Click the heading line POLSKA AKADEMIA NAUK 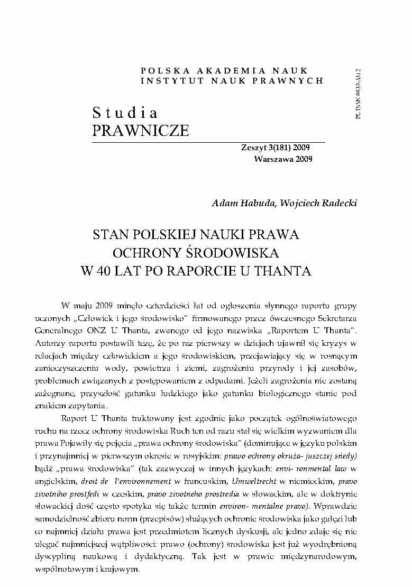(225, 70)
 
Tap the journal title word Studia (125, 113)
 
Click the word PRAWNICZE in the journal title (141, 130)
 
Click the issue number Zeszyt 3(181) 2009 (276, 149)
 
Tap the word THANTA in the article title (287, 271)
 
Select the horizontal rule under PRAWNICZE (209, 142)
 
